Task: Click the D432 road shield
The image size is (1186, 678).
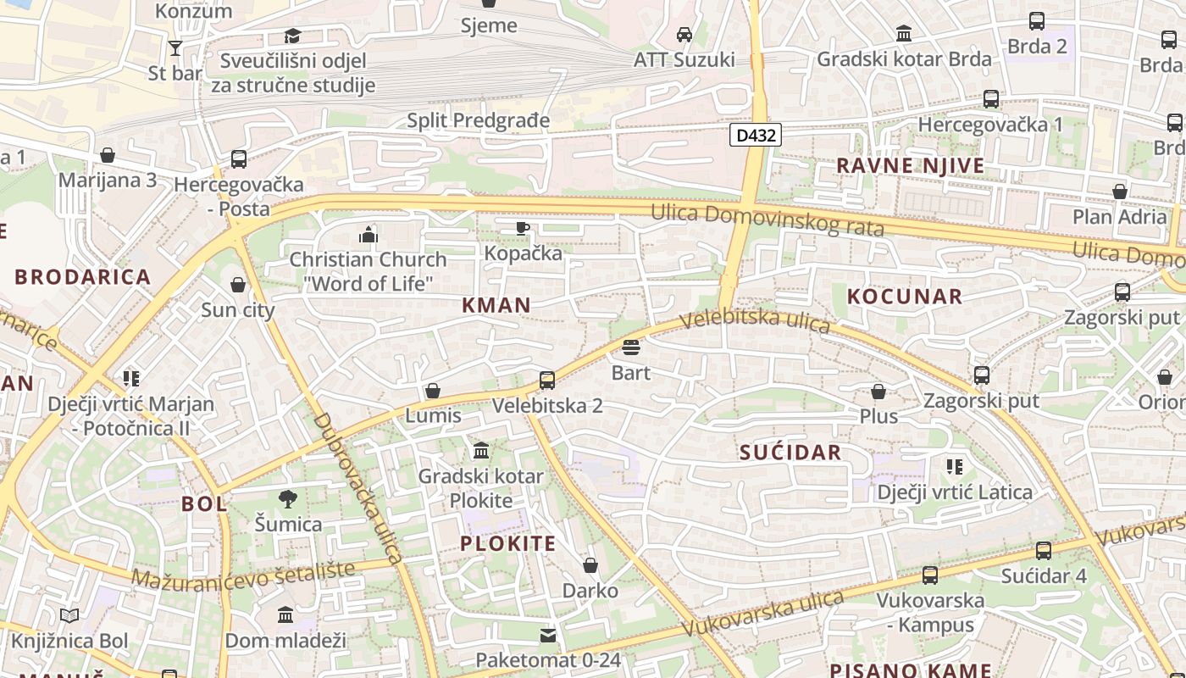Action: point(755,135)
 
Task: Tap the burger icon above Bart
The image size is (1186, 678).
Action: point(630,347)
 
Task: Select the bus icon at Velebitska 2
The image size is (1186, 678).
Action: point(547,381)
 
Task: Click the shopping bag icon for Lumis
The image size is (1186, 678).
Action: point(433,391)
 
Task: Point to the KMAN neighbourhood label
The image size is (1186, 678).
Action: point(496,305)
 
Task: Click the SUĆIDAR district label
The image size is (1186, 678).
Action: point(790,453)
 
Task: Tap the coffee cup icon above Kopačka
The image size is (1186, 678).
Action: point(523,228)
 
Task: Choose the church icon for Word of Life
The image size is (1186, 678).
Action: point(369,234)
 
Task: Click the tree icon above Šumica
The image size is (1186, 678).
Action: point(288,499)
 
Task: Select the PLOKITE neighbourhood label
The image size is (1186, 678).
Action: point(508,544)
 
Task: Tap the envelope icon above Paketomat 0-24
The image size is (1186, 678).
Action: point(548,635)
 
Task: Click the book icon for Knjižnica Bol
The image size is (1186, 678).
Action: point(69,616)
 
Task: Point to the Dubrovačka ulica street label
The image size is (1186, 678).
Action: point(357,487)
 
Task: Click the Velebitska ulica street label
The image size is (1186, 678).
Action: point(755,320)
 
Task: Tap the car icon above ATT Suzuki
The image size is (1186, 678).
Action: point(684,35)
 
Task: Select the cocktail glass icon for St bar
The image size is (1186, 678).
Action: point(175,47)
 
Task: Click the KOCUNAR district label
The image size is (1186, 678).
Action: point(905,297)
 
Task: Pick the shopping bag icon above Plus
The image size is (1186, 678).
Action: point(878,392)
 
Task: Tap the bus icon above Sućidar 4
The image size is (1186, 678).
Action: point(1044,551)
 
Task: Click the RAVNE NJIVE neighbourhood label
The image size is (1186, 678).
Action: point(911,166)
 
